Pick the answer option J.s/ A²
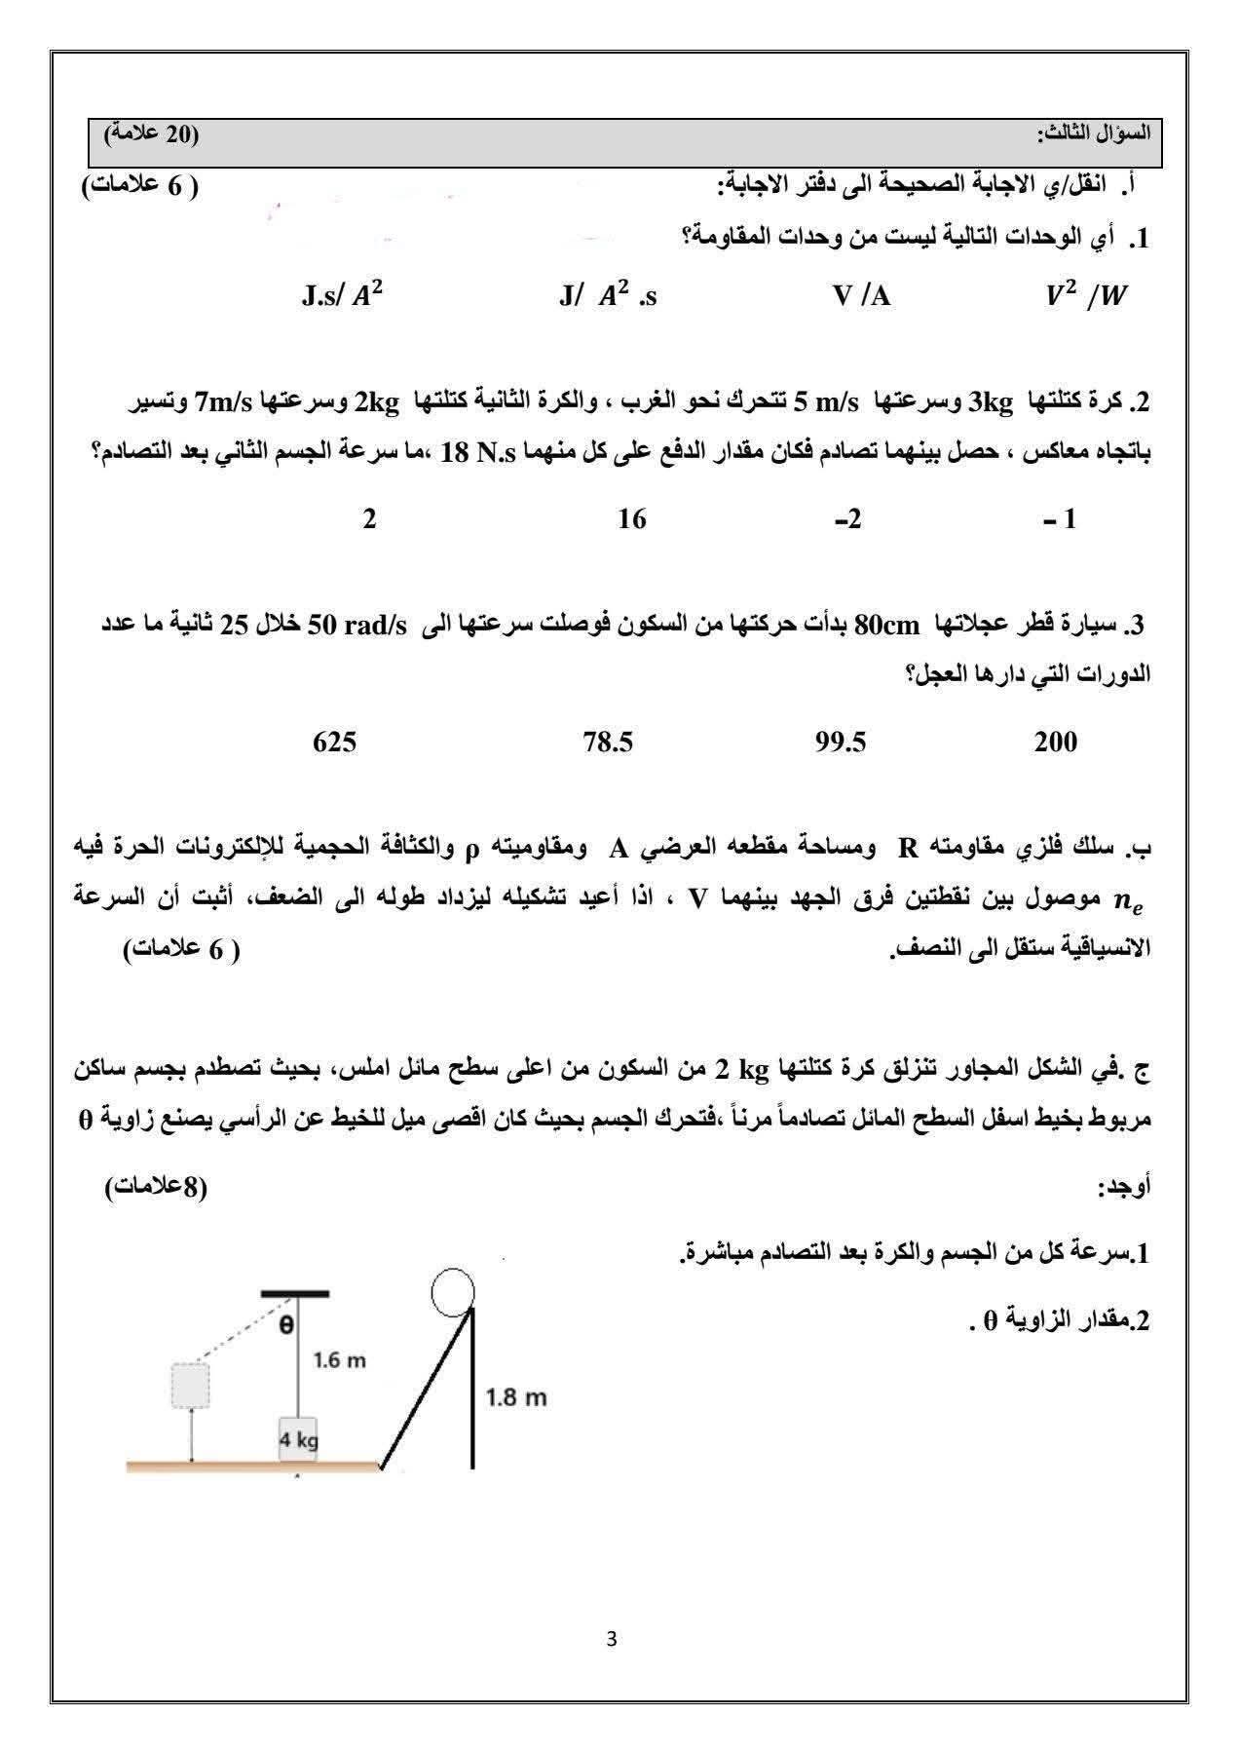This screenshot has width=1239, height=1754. coord(342,296)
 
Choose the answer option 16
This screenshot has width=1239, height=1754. coord(632,519)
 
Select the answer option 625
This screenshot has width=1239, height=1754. coord(334,743)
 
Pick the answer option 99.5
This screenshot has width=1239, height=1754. coord(841,743)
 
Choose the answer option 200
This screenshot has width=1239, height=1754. coord(1056,743)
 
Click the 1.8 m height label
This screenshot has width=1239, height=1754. coord(516,1398)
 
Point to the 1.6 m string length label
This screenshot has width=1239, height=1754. coord(339,1360)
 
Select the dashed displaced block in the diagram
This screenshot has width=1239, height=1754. coord(190,1385)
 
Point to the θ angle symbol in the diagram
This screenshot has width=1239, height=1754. coord(286,1325)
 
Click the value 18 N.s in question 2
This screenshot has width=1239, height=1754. coord(480,453)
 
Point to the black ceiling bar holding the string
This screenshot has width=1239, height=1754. coord(295,1294)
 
